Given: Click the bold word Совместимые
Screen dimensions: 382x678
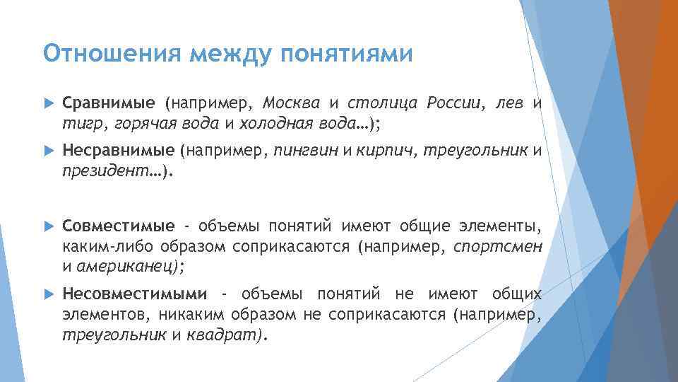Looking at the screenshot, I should point(118,226).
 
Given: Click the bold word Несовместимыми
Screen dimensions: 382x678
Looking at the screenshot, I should point(134,294).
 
